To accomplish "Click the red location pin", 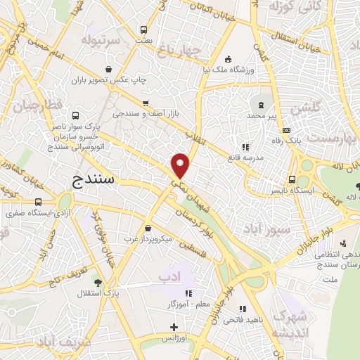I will (x=181, y=165).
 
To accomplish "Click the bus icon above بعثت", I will (x=144, y=30).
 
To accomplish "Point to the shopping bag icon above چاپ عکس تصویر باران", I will (x=110, y=69).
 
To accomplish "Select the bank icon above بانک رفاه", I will (x=286, y=130).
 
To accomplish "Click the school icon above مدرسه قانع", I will (x=245, y=147).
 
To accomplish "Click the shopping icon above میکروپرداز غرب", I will (x=148, y=228).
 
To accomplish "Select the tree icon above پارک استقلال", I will (x=98, y=282).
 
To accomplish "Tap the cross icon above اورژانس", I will (x=174, y=327).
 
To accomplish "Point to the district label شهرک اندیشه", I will (x=289, y=322).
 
